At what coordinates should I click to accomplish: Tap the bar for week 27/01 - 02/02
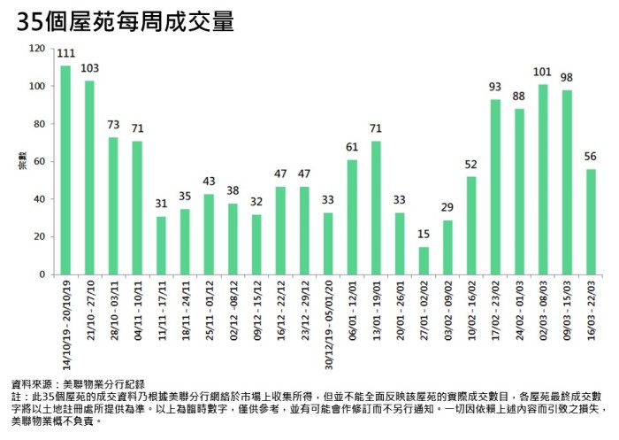coord(424,260)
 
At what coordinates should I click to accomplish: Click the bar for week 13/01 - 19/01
coord(376,207)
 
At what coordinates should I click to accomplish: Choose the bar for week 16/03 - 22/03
coord(591,221)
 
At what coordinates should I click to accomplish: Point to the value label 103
coord(89,68)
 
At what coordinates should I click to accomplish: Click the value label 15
coord(424,234)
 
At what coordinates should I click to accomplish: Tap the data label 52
coord(471,164)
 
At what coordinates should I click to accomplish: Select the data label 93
coord(495,87)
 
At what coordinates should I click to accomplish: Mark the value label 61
coord(352,147)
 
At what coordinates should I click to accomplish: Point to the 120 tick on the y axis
coord(35,49)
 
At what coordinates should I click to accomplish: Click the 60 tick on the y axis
coord(38,162)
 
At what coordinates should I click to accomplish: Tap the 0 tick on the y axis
coord(41,274)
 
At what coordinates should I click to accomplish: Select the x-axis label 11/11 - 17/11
coord(162,306)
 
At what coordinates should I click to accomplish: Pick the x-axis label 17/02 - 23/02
coord(495,306)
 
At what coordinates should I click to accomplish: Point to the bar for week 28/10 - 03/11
coord(113,205)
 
